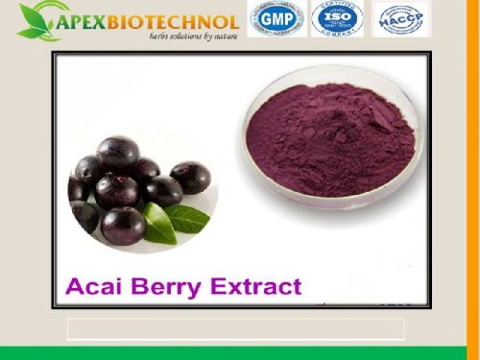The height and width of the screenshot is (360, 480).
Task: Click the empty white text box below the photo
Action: [235, 329]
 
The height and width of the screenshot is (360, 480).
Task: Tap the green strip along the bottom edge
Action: [240, 353]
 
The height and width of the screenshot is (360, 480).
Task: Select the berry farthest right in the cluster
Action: [189, 178]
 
